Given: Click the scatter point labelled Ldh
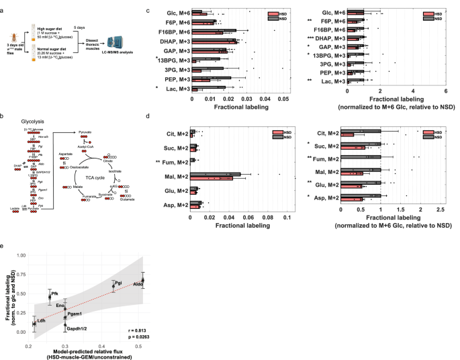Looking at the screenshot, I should click(x=34, y=324).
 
